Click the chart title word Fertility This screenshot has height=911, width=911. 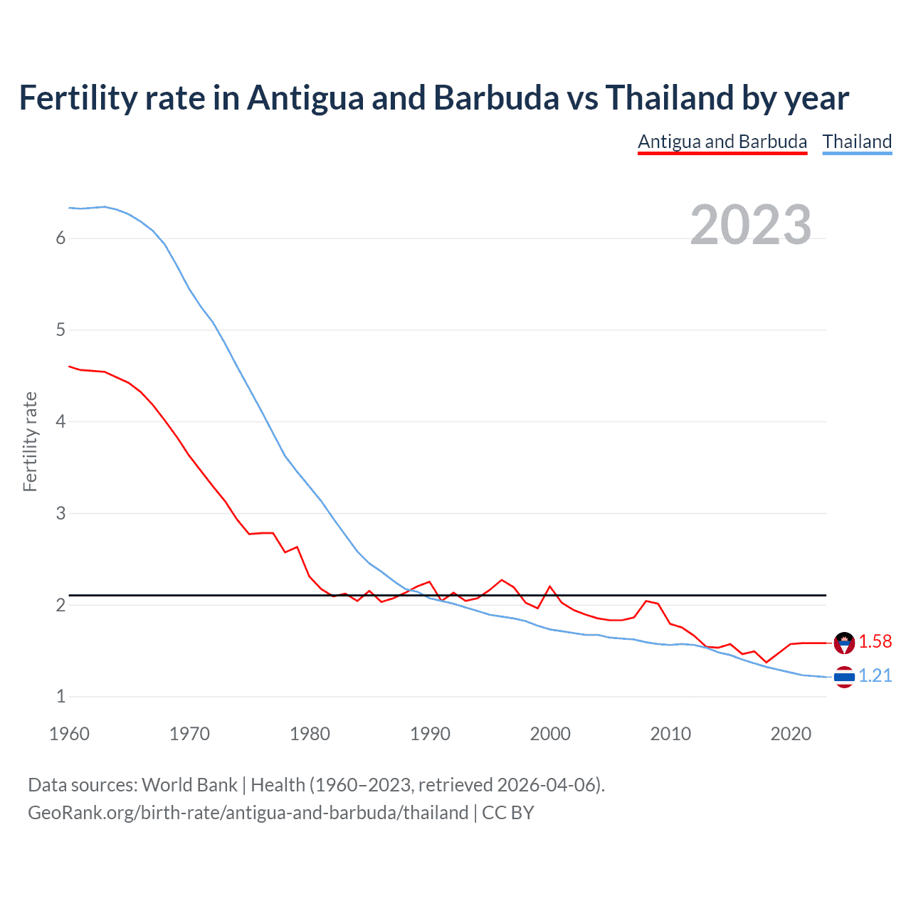click(76, 98)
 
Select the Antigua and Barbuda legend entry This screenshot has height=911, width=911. click(722, 142)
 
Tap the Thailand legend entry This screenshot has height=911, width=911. click(857, 142)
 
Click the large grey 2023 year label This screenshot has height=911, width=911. click(750, 225)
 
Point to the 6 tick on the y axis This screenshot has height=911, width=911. click(60, 238)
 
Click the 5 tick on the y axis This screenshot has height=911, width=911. click(60, 330)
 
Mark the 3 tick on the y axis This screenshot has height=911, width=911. click(60, 513)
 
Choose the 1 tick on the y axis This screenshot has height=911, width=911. click(60, 697)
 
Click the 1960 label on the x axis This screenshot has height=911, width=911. click(69, 734)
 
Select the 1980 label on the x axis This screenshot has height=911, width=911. click(310, 734)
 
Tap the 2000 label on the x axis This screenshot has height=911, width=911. click(550, 734)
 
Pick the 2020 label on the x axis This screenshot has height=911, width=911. click(791, 734)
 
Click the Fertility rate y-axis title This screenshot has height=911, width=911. click(30, 441)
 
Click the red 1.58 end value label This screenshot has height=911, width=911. click(875, 641)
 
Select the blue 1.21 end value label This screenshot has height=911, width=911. click(875, 675)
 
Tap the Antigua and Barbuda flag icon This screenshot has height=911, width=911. click(844, 643)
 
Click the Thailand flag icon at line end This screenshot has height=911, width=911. click(844, 677)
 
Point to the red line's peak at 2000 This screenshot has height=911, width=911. click(549, 586)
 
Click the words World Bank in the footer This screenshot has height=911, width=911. click(189, 785)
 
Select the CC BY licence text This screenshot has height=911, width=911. click(507, 813)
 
